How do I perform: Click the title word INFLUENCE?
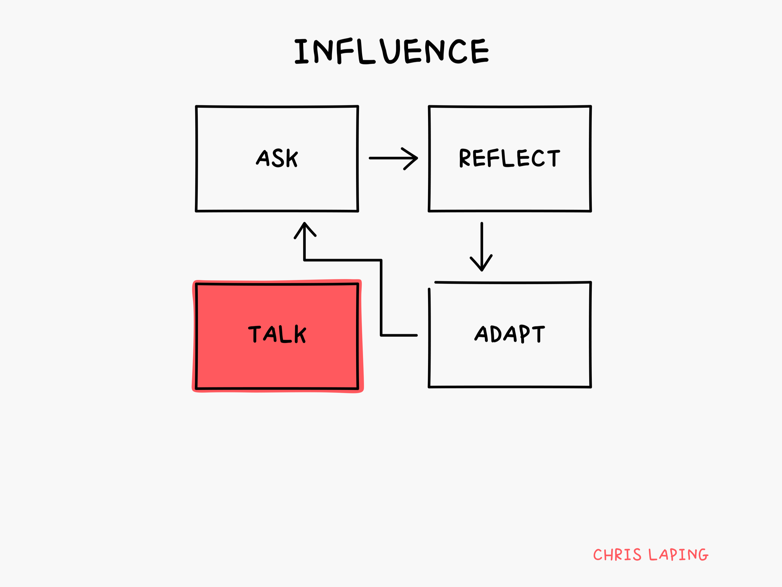click(391, 51)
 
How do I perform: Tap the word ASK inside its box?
click(277, 158)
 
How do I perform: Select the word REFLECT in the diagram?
click(509, 158)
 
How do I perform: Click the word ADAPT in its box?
click(509, 334)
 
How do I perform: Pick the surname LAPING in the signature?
click(678, 554)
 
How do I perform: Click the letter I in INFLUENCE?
click(302, 51)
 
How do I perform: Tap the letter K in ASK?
click(292, 158)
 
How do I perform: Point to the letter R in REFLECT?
click(464, 158)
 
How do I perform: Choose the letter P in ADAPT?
click(525, 333)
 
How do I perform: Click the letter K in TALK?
click(300, 334)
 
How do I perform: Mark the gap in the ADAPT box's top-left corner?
click(431, 284)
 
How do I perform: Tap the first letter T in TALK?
click(254, 334)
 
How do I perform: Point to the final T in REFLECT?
click(554, 158)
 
